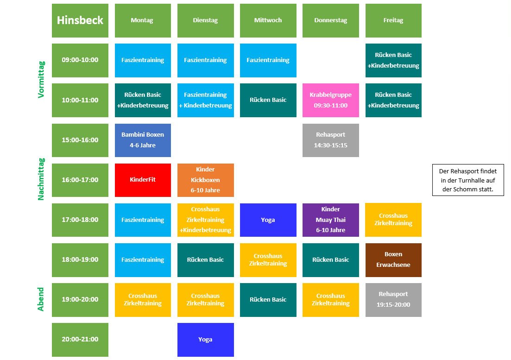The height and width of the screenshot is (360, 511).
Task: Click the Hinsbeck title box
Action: pos(80,20)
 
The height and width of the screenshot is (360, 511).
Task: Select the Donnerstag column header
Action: pos(331,20)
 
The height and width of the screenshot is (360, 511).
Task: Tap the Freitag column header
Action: pos(393,20)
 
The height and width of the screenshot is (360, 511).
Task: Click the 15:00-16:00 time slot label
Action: pos(80,140)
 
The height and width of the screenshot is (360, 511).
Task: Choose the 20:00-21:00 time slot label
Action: pos(80,340)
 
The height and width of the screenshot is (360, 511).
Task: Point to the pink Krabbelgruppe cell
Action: pos(331,100)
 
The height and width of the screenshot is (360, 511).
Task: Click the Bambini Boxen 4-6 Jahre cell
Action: pos(143,140)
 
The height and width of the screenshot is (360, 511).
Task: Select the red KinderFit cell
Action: pos(143,180)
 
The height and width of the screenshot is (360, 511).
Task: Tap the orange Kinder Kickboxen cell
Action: pos(206,180)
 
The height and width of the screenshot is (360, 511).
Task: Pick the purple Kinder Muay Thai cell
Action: pos(331,220)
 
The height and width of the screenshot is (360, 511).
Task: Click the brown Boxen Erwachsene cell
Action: pos(393,260)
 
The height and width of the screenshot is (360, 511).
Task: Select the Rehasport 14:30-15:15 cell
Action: pos(331,140)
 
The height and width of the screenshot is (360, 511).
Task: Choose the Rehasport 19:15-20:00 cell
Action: pos(393,300)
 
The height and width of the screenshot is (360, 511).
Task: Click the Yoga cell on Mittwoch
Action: pos(268,220)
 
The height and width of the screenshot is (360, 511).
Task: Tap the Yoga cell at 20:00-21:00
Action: pos(206,340)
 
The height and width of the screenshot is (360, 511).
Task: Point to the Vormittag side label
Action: pos(41,80)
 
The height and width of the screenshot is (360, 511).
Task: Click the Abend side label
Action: pos(40,299)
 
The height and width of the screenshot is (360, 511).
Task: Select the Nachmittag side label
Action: pos(41,179)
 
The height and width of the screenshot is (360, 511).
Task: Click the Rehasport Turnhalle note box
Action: pos(468,180)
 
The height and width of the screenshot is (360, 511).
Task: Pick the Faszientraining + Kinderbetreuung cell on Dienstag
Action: pos(206,100)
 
